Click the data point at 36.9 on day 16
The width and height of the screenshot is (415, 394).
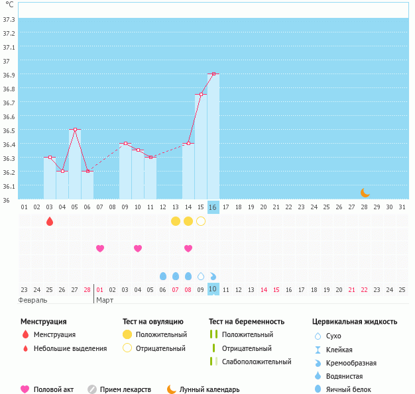(x=213, y=74)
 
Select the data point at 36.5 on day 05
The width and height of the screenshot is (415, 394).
(x=75, y=129)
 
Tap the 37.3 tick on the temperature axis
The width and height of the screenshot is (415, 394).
(x=9, y=19)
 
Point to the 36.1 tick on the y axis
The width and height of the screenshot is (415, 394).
(x=9, y=186)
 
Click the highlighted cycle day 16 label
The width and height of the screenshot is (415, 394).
(x=213, y=207)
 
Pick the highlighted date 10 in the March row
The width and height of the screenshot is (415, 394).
(x=213, y=289)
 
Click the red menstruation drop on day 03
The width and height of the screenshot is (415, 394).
(x=50, y=221)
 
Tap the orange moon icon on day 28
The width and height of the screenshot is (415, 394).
(x=365, y=192)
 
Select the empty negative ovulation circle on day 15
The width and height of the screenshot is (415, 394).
(x=201, y=221)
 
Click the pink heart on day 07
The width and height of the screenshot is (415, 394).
(x=100, y=248)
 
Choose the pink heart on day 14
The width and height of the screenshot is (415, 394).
(x=188, y=248)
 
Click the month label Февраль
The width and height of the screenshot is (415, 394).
(x=33, y=300)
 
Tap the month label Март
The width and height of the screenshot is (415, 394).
(x=105, y=300)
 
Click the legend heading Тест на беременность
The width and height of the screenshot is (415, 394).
(x=246, y=321)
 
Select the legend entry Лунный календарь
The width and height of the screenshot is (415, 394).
(x=210, y=389)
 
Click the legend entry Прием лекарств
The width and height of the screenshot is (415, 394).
(x=126, y=389)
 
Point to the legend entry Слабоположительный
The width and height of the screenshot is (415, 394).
(x=257, y=362)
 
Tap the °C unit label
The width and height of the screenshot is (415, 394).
(x=9, y=5)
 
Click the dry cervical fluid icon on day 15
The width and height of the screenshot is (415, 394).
(x=201, y=275)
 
